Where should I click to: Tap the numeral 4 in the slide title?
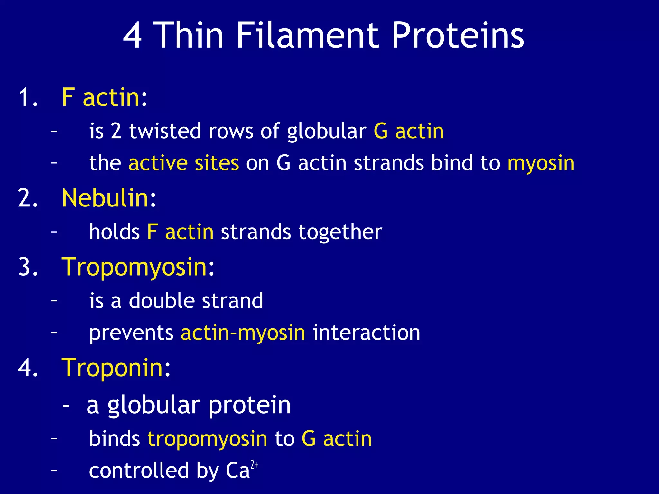click(x=132, y=35)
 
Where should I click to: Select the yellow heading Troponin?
click(x=112, y=368)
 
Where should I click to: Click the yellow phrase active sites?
click(x=183, y=163)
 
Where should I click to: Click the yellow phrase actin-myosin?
click(x=243, y=333)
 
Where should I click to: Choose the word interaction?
click(x=366, y=333)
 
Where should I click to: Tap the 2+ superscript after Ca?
click(x=254, y=465)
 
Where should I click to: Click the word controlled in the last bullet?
click(x=139, y=471)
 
